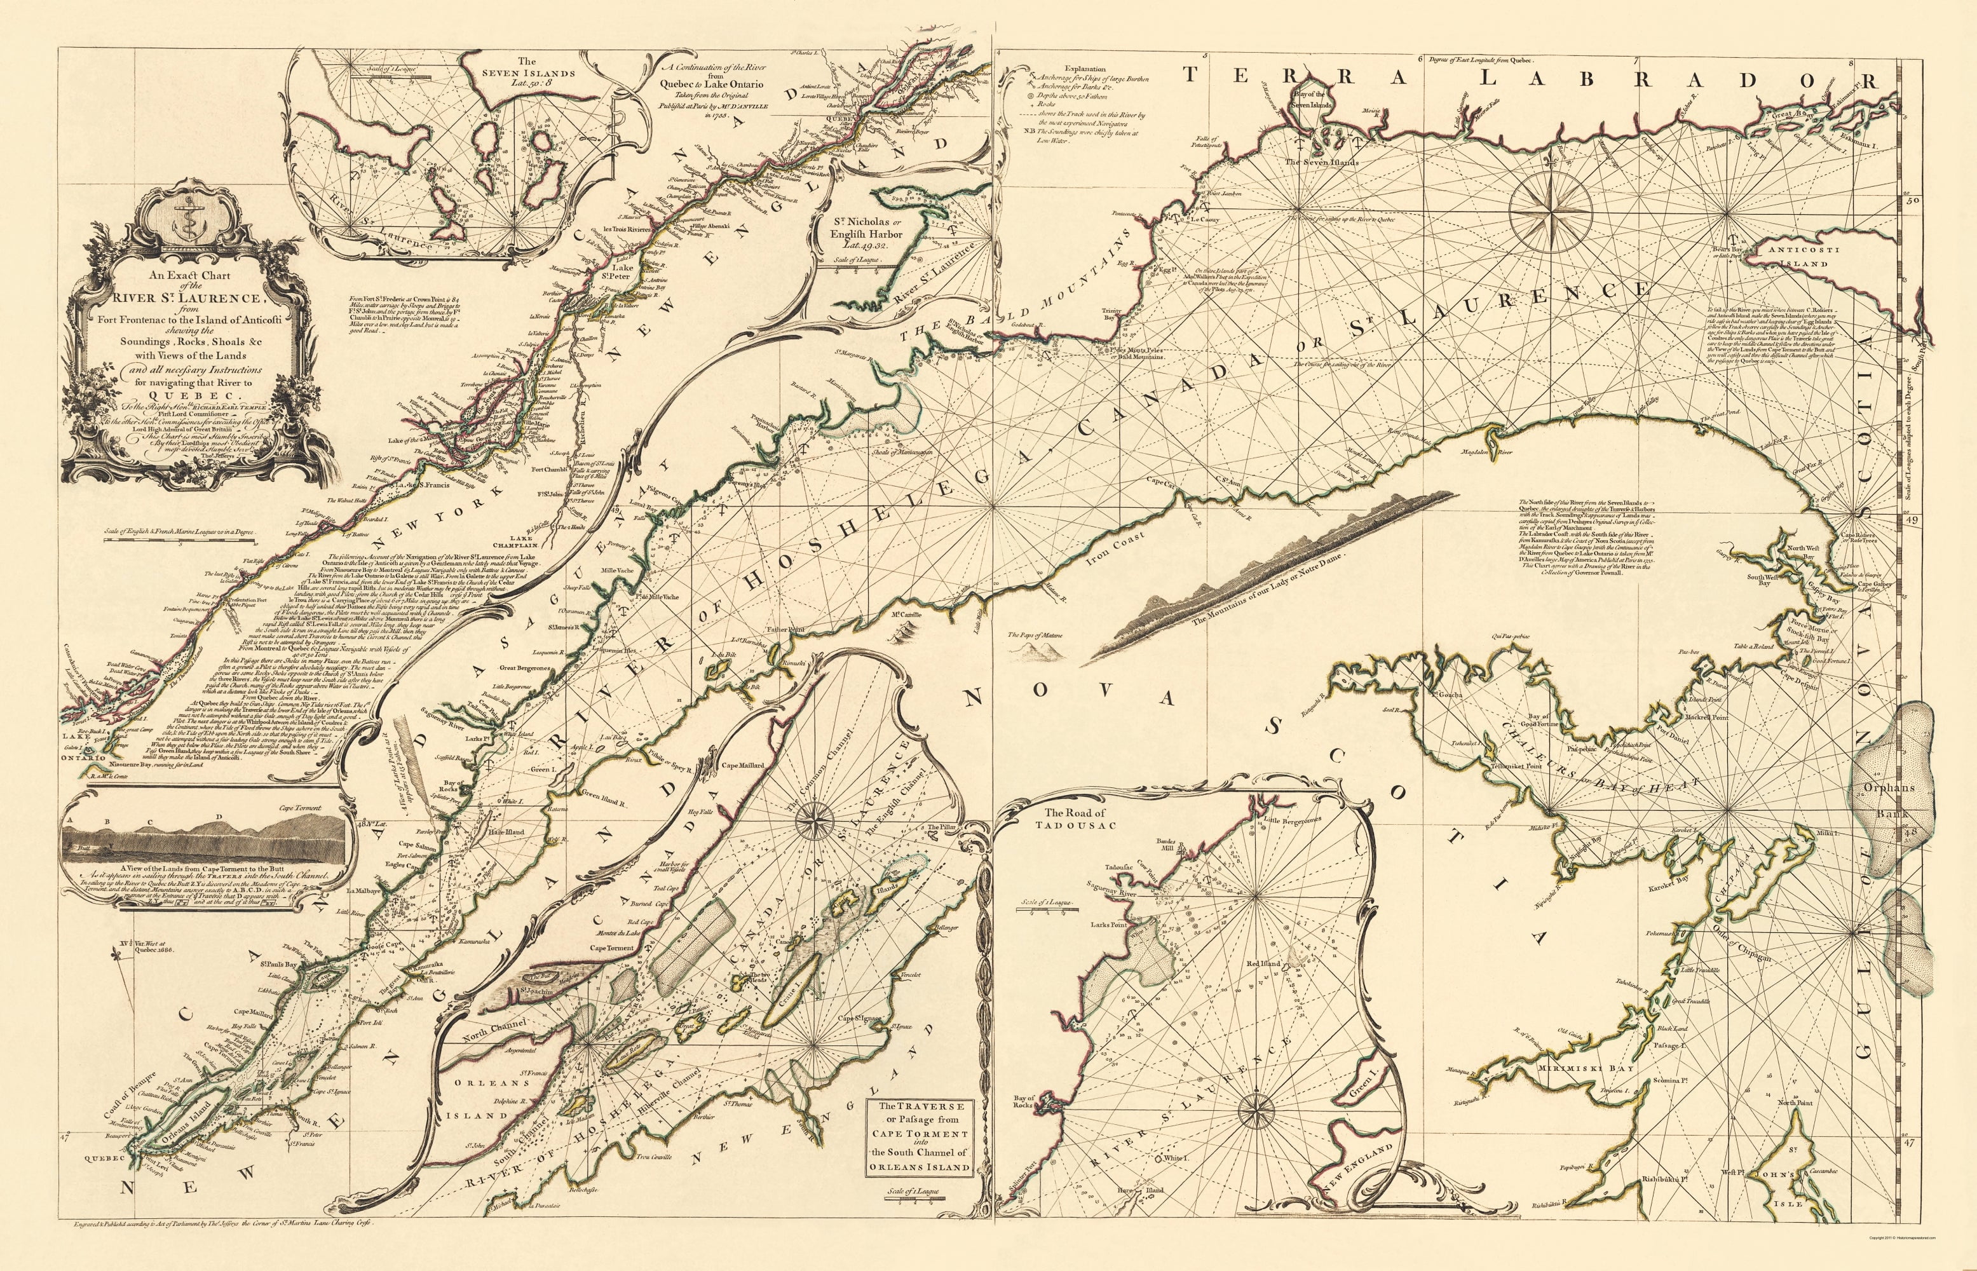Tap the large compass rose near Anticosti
1551,213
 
